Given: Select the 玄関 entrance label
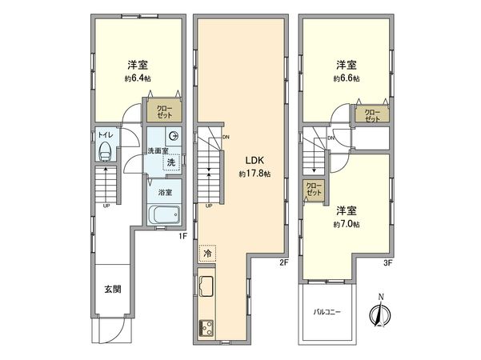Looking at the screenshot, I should (x=112, y=289).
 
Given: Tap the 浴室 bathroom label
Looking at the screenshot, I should (x=164, y=192).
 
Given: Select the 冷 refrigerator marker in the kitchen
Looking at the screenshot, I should (x=206, y=253).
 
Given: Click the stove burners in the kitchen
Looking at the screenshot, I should (x=206, y=326).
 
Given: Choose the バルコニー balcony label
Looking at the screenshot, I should (x=328, y=314).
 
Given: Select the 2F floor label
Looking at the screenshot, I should (x=285, y=261).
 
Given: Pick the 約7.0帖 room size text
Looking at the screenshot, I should (x=346, y=226).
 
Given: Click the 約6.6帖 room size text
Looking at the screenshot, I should (x=346, y=80).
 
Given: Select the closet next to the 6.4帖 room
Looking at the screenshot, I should (x=164, y=111).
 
